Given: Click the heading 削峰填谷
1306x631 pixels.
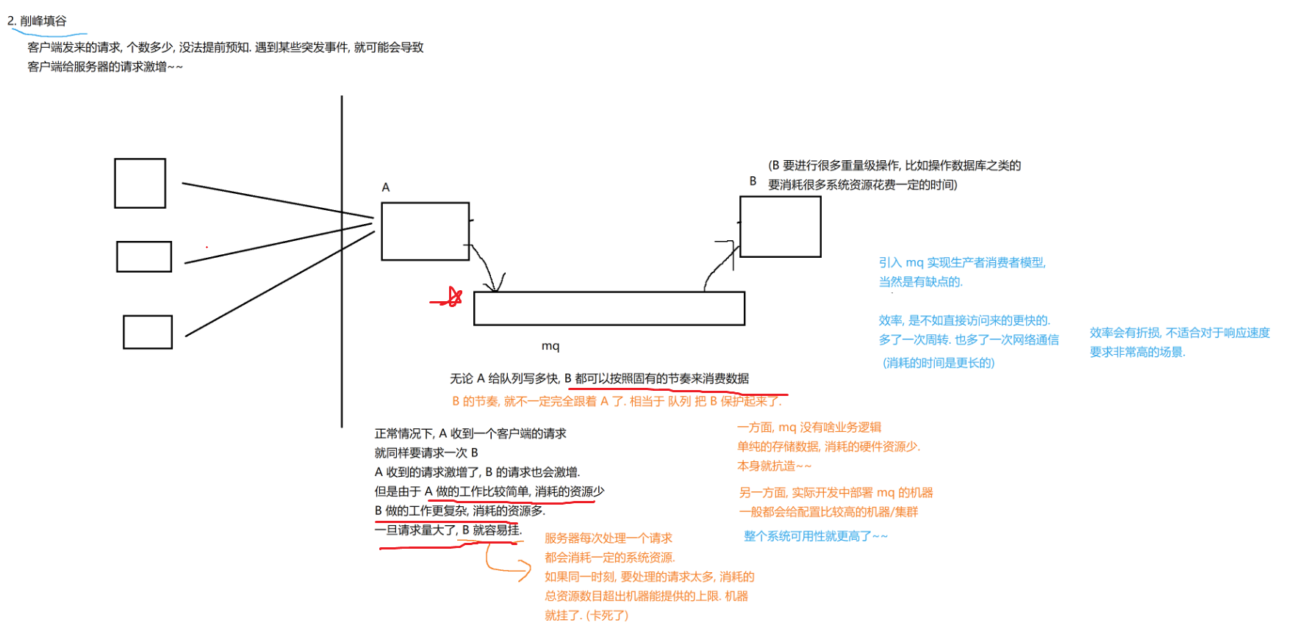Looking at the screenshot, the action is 43,21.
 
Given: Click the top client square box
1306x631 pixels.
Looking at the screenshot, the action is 140,183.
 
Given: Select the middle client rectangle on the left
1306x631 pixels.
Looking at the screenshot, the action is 144,256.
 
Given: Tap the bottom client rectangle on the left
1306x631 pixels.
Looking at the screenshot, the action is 148,332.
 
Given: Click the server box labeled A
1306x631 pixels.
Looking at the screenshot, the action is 425,231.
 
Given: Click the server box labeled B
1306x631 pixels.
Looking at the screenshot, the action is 780,227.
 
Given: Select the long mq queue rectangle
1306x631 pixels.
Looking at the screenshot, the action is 609,309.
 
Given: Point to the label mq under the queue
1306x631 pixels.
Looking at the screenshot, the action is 550,346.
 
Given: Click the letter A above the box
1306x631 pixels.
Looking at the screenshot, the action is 385,187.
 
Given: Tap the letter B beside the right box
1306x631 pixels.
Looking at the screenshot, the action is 753,181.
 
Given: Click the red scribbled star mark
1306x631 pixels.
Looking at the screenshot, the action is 451,298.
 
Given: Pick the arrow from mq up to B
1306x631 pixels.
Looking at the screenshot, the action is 720,264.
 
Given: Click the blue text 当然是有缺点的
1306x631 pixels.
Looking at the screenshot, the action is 920,282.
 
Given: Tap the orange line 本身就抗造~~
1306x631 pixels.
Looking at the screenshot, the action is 774,466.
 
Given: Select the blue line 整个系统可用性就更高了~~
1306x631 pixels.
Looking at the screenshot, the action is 815,536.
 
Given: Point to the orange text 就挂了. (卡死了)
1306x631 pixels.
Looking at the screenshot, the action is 586,616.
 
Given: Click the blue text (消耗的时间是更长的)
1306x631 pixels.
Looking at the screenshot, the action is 938,363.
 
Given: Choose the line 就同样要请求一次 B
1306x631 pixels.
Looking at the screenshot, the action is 426,452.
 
